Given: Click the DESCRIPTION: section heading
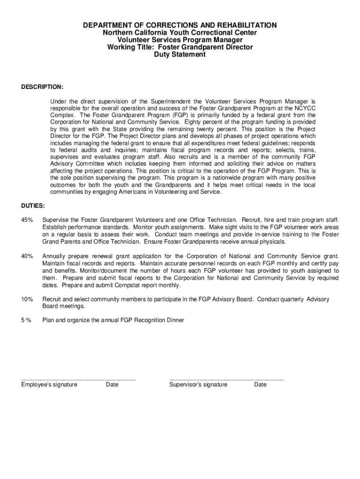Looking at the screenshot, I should coord(42,87).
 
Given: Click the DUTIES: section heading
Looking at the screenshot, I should coord(33,205).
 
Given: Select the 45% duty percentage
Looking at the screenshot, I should coord(27,220).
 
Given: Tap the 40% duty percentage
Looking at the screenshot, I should coord(27,256).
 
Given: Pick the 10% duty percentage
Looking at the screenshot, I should coord(27,299).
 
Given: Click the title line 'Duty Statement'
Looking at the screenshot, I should coord(180,55).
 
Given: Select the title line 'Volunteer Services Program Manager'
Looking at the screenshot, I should coord(180,40).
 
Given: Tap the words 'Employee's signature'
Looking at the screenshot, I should coord(49,385).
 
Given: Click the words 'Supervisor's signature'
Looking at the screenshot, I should coord(198,385).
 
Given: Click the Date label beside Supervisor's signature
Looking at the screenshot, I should coord(260,385).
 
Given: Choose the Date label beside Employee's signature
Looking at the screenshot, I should coord(112,385).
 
